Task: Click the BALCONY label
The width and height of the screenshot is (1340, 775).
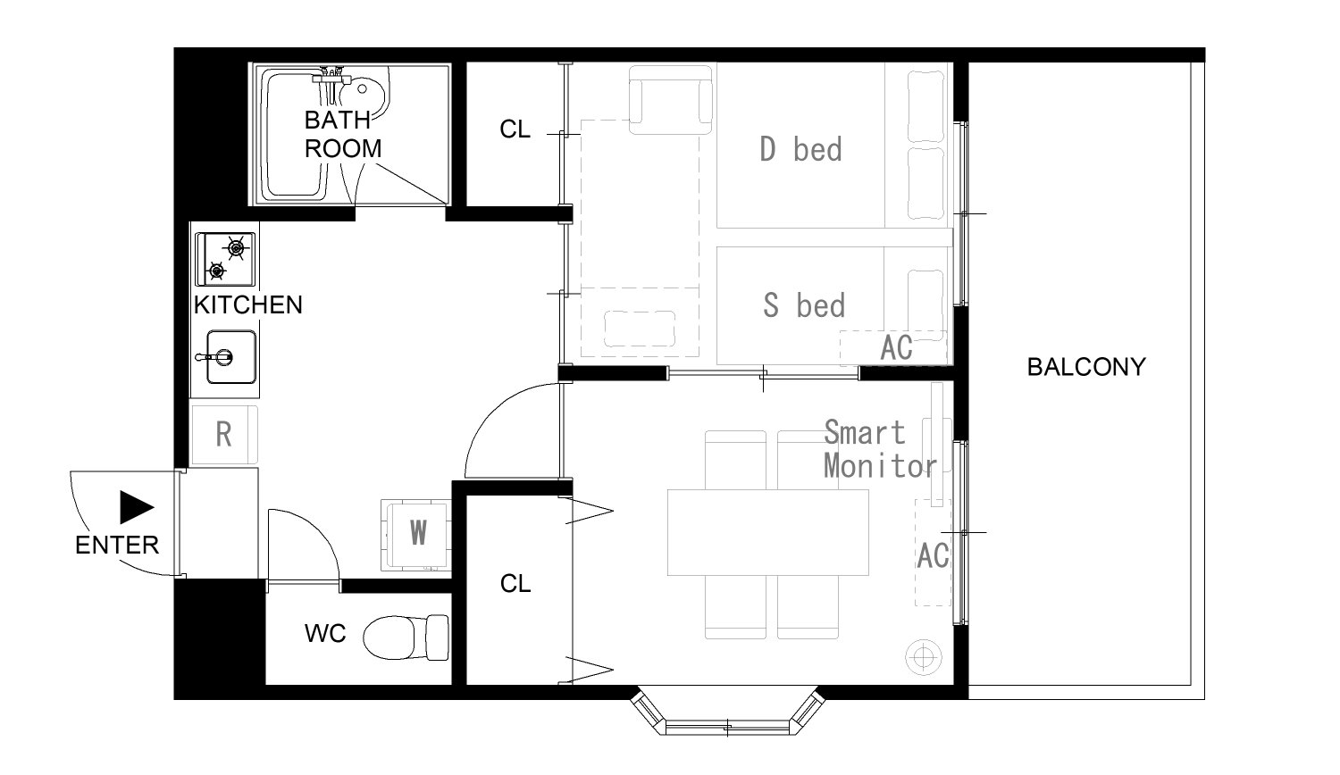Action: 1086,367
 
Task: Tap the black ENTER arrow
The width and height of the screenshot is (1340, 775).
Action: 137,508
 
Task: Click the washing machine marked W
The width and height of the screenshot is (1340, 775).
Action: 416,535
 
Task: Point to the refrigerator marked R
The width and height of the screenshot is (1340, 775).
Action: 224,435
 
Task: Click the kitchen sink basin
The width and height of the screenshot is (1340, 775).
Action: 231,357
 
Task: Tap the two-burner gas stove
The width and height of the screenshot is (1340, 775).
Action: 225,260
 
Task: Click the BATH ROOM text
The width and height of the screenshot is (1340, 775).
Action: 343,135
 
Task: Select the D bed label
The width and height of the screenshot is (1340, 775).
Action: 800,149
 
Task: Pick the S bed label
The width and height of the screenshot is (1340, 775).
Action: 804,305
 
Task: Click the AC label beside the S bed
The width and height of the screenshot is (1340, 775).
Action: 896,347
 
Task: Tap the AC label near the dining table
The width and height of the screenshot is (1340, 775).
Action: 933,555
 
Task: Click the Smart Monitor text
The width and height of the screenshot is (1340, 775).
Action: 879,449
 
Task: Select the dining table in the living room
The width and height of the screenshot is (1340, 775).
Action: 768,532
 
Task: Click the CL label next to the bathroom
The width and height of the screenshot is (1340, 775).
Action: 515,129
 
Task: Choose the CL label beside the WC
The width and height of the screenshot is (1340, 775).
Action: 515,584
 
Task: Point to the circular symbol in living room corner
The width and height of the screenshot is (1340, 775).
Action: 924,657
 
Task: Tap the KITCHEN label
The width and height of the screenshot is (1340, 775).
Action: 247,305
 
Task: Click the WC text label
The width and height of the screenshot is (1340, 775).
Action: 325,634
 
